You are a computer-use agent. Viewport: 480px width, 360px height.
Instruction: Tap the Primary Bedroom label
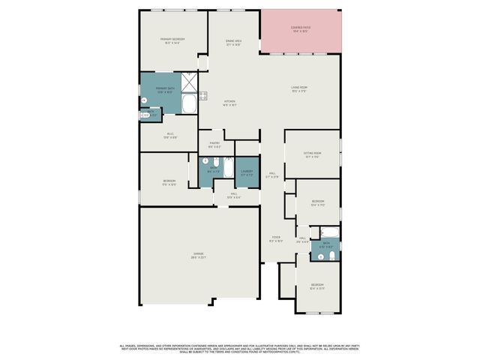point(172,40)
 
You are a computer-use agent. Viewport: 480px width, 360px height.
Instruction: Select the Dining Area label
point(233,43)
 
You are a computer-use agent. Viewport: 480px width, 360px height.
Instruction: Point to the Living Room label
point(299,89)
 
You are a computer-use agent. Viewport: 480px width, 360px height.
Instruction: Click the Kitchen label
point(229,103)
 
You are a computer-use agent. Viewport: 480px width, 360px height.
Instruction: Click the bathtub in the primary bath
point(190,102)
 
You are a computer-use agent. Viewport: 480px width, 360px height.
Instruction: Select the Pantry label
point(214,145)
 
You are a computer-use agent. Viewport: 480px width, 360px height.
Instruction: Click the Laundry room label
point(247,172)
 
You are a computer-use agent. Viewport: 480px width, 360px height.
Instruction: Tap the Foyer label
point(276,240)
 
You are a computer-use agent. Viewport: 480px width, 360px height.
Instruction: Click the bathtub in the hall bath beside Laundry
point(228,166)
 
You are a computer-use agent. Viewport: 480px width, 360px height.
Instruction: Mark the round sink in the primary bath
point(144,100)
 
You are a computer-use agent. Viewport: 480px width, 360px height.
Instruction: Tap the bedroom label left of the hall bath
point(169,182)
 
